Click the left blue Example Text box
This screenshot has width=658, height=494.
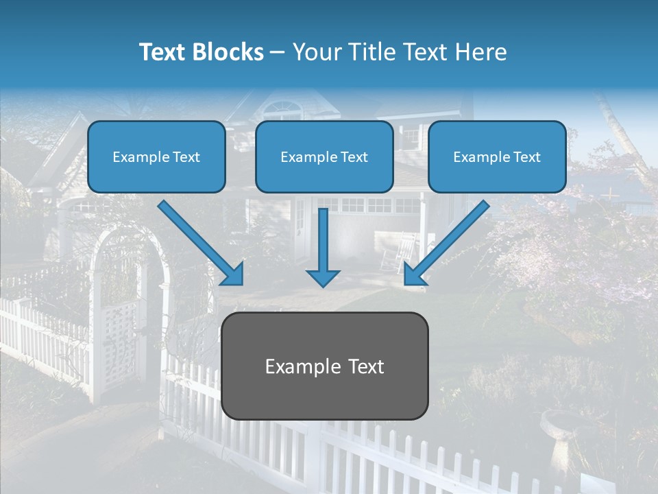point(156,156)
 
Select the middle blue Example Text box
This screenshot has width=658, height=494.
point(324,156)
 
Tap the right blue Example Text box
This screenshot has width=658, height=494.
point(497,156)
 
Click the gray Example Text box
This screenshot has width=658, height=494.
point(324,366)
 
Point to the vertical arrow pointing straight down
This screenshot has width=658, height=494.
point(323,240)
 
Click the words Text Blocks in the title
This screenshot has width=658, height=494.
point(201,52)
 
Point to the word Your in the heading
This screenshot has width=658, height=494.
point(314,52)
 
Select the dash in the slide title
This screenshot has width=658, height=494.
point(278,52)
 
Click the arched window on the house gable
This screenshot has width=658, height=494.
point(282,110)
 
